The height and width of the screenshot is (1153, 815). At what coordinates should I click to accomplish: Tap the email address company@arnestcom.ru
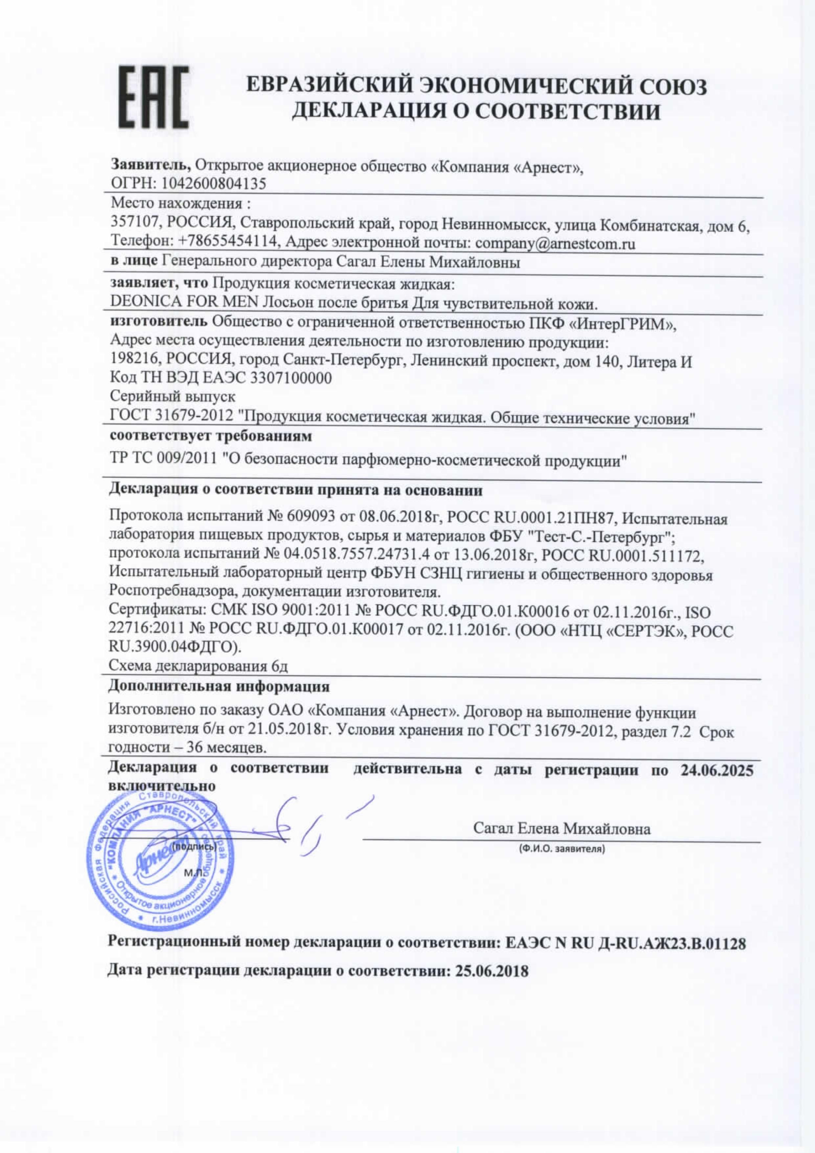coord(555,244)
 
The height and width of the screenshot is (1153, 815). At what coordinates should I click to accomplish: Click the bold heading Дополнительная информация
coord(220,686)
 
